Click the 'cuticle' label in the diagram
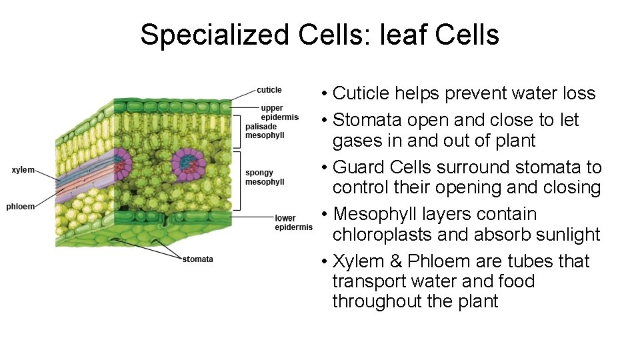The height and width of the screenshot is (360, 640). coord(269,90)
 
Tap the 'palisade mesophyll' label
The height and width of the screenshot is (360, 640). coord(265,131)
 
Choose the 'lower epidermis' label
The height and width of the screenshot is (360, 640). coord(293,223)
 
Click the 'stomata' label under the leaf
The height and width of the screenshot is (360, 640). coord(198,259)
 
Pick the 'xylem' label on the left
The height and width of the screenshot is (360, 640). coord(23,170)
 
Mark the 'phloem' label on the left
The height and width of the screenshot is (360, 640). coord(20,207)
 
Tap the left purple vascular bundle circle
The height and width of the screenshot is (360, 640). coord(122,162)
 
